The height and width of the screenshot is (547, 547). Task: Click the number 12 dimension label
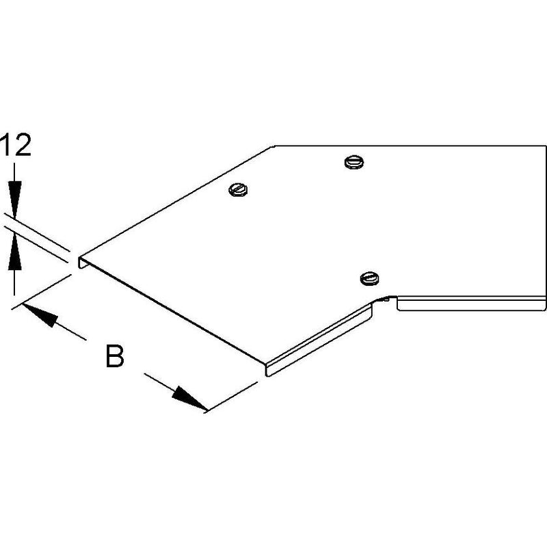16,144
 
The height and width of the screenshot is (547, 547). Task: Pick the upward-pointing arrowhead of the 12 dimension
14,251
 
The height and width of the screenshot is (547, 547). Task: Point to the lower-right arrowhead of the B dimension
189,398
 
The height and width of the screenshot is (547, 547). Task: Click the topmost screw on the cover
353,162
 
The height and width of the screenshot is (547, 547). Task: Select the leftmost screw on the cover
238,190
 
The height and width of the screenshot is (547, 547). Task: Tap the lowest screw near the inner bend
370,278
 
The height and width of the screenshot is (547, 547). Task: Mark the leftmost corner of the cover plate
78,258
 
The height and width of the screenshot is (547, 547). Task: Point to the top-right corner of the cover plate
545,146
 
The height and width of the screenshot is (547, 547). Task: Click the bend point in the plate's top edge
274,146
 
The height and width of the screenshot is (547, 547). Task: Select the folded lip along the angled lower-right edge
319,339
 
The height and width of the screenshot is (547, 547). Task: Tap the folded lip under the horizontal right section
472,303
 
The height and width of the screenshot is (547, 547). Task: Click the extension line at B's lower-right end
231,397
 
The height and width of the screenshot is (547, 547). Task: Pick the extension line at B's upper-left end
42,291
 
